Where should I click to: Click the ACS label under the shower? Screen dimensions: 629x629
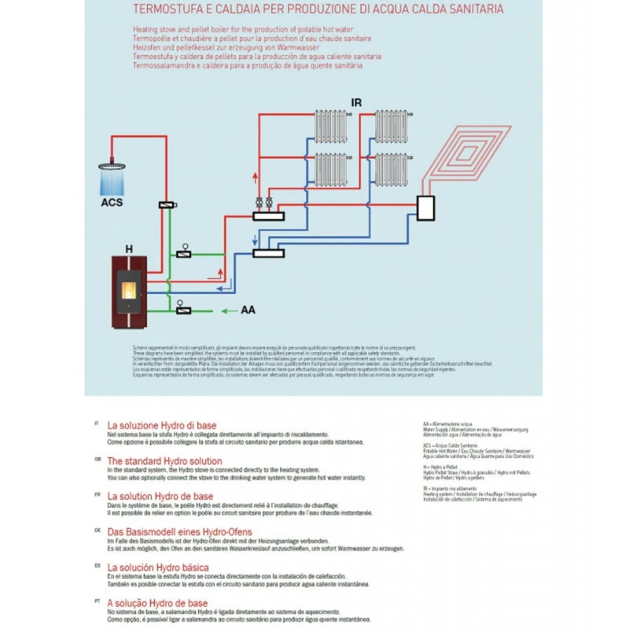click(x=111, y=201)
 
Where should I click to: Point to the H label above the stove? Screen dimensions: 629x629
click(x=129, y=248)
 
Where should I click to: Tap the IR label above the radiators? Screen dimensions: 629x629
click(x=356, y=103)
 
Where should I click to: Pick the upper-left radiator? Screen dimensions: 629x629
click(x=330, y=125)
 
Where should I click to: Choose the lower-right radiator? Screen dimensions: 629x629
click(x=390, y=168)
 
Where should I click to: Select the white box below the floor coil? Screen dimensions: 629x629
click(x=427, y=208)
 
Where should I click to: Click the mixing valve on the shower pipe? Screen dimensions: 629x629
click(x=166, y=204)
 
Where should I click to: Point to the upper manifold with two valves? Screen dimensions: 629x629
click(x=269, y=213)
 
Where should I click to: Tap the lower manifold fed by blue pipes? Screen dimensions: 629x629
click(x=270, y=252)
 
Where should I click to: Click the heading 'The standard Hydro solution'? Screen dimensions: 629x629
click(x=164, y=461)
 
